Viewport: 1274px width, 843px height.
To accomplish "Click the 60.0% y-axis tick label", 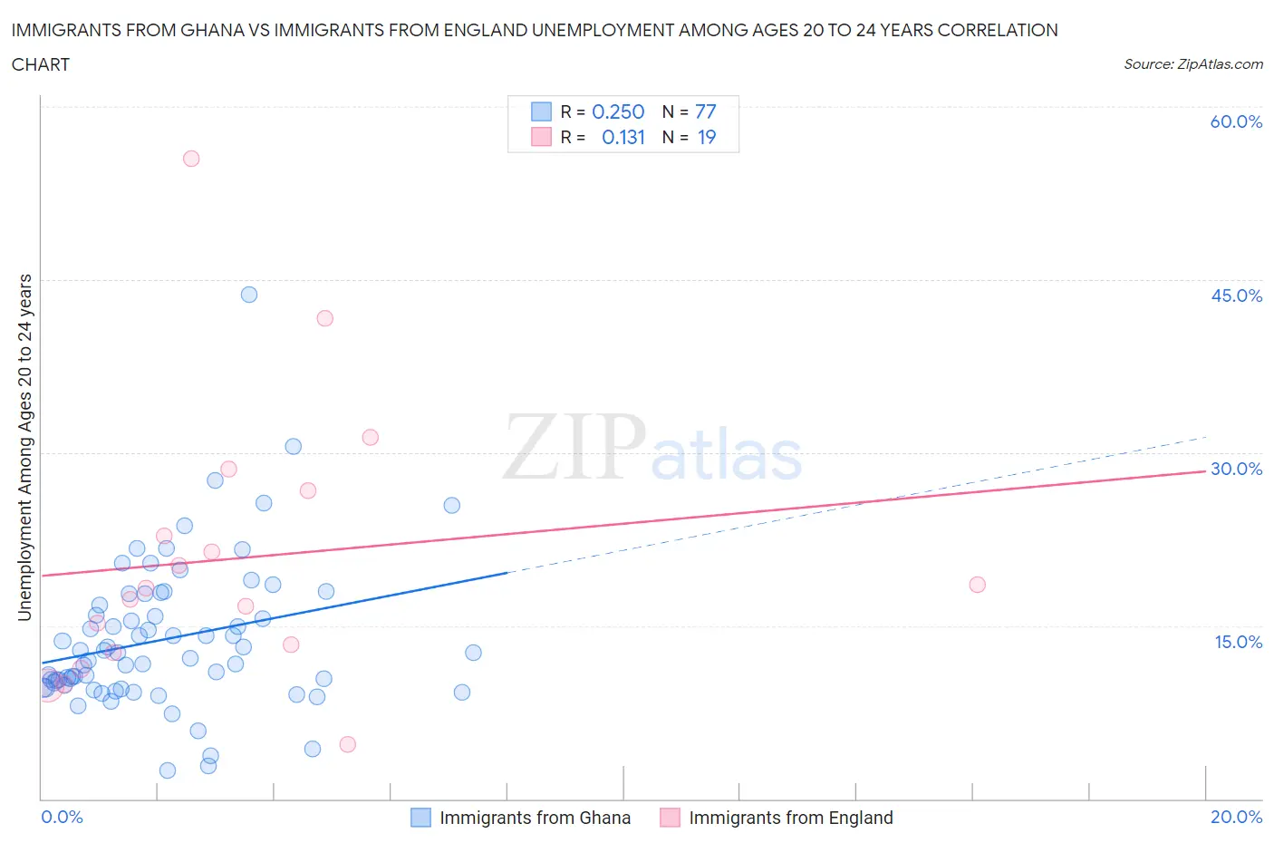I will [x=1236, y=121].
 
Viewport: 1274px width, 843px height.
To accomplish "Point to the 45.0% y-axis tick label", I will [x=1236, y=296].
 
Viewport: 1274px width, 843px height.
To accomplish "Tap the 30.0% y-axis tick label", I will [x=1236, y=469].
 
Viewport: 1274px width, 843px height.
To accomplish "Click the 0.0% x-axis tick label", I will [x=62, y=817].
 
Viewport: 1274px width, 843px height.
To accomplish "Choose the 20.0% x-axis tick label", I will [x=1236, y=817].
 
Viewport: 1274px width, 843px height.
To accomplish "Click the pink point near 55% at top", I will [x=191, y=159].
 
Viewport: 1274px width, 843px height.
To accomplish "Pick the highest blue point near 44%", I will [x=249, y=295].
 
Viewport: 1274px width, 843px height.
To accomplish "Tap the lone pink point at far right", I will [x=977, y=585].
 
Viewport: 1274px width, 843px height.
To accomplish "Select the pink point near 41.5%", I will [x=325, y=318].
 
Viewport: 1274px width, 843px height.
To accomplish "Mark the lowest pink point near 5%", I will [x=348, y=744].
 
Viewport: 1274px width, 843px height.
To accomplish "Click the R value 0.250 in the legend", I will [x=618, y=111].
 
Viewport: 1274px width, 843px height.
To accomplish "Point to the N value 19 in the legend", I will [x=707, y=137].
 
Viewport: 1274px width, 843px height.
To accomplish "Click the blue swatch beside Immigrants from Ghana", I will [x=420, y=818].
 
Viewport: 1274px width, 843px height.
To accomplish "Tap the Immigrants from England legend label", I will [x=790, y=818].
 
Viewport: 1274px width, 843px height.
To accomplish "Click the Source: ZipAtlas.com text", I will [x=1192, y=63].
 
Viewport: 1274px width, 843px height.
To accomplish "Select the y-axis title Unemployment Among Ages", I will [x=24, y=448].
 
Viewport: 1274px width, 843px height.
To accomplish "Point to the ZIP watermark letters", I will [x=574, y=447].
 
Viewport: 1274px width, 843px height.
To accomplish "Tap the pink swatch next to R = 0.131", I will [x=541, y=137].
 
